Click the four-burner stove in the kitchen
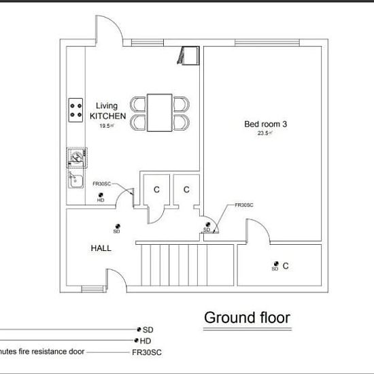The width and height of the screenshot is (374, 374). (x=76, y=111)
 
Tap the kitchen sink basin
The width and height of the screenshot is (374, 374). (x=75, y=180)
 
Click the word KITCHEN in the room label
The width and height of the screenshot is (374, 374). (x=107, y=116)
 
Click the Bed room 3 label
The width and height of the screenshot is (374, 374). (x=262, y=124)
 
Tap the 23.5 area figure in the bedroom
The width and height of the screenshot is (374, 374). (x=264, y=133)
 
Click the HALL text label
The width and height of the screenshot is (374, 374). (x=101, y=248)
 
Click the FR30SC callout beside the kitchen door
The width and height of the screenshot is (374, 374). (x=102, y=184)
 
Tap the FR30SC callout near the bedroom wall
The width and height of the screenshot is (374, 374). (x=244, y=205)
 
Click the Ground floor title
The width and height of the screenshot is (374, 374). (x=247, y=318)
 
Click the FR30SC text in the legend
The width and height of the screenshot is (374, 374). (x=146, y=352)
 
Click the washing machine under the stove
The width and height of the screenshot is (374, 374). (x=76, y=158)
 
